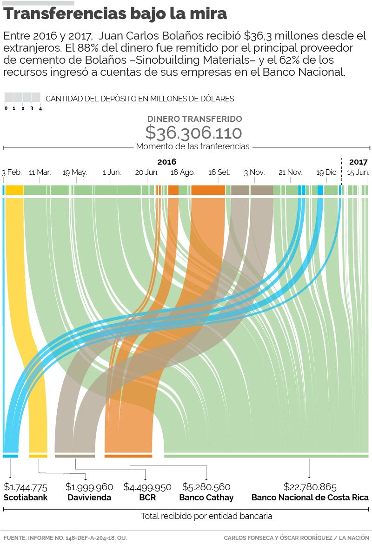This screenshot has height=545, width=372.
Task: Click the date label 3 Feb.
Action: point(12,173)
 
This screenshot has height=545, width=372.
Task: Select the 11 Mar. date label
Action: point(40,173)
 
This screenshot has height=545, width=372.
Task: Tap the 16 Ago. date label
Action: point(182,173)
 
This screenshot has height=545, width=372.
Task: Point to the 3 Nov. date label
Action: point(254,173)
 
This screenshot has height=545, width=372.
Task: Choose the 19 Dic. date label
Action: point(327,173)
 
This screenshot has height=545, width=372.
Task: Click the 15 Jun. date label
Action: point(358,173)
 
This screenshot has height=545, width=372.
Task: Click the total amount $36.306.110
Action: point(193,133)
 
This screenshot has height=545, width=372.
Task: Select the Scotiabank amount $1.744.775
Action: point(26,487)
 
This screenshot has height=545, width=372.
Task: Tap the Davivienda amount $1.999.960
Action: point(89,487)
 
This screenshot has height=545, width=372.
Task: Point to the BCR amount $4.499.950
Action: point(147,487)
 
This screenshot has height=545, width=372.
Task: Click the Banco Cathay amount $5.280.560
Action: point(206,487)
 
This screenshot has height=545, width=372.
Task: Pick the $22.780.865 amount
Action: point(310,487)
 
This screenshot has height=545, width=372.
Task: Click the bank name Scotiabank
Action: point(26,498)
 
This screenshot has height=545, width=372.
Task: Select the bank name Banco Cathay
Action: point(206,498)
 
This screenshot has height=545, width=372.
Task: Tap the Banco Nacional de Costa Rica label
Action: point(310,498)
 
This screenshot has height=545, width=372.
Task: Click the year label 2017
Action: point(359,162)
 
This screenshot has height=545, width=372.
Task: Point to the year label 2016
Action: point(167,162)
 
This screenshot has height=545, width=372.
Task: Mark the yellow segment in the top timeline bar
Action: point(14,190)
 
